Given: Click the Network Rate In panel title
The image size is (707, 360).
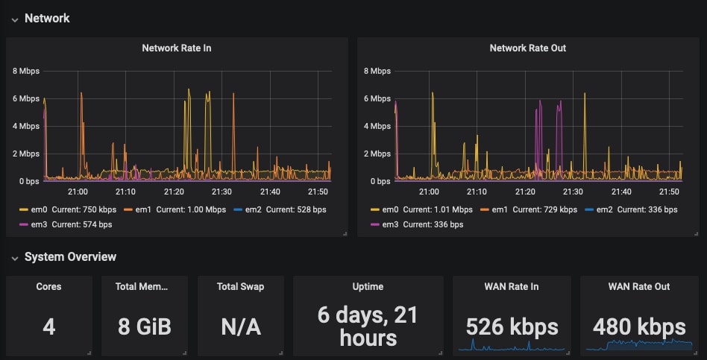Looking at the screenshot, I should click(x=177, y=48).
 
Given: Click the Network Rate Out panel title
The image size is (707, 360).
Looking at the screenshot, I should click(x=527, y=48).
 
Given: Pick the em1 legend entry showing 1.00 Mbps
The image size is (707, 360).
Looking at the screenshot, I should click(x=175, y=209).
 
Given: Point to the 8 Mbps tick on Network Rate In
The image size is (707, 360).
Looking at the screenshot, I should click(x=26, y=72).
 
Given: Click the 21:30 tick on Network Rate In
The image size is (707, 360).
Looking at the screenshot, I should click(x=222, y=192).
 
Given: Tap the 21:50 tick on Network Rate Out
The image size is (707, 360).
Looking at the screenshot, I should click(x=669, y=192).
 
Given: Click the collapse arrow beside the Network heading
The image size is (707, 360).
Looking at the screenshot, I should click(x=14, y=19).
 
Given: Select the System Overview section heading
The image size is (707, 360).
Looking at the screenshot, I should click(x=70, y=257).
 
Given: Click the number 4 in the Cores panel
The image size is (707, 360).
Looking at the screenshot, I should click(x=48, y=326).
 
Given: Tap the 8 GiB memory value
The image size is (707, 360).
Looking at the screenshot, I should click(x=145, y=326).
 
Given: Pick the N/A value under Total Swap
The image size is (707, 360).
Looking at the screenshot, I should click(x=241, y=326).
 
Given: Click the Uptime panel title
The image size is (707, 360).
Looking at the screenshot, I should click(x=368, y=286).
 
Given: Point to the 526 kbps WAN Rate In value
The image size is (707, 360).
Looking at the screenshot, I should click(x=512, y=326).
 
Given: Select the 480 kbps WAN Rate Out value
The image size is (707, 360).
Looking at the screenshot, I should click(x=639, y=326).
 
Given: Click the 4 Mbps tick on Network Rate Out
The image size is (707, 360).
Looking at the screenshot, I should click(x=377, y=126).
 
